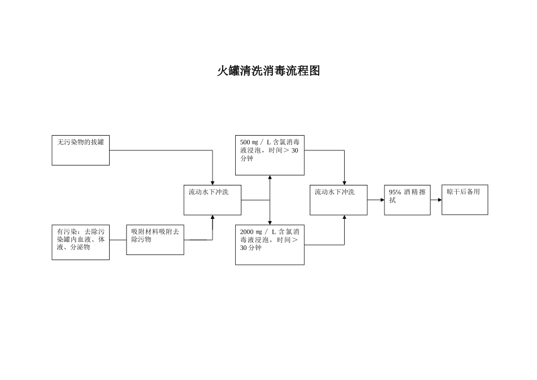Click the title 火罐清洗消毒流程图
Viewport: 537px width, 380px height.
coord(268,71)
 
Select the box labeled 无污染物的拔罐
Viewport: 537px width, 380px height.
coord(80,150)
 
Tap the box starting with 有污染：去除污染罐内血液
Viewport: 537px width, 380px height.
coord(80,242)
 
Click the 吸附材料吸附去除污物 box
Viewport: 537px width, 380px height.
coord(155,240)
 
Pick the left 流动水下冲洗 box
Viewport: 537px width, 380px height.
coord(212,200)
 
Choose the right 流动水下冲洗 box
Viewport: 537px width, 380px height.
coord(338,200)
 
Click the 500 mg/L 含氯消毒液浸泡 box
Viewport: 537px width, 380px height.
coord(270,156)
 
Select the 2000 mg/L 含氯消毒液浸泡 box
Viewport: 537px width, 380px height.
coord(270,245)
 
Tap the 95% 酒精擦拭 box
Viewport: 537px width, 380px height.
coord(407,200)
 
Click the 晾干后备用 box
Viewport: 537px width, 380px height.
coord(465,200)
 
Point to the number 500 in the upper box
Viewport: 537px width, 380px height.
coord(245,142)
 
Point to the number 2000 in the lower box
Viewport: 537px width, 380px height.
coord(246,232)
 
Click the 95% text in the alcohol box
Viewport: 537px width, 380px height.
coord(395,192)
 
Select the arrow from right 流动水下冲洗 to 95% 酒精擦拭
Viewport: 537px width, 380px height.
coord(376,200)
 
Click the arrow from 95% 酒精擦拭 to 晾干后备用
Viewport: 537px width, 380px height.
coord(436,200)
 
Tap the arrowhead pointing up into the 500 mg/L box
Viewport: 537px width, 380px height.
coord(270,178)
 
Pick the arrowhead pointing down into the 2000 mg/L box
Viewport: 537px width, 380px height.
coord(270,222)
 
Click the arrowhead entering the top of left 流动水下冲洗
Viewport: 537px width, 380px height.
coord(213,183)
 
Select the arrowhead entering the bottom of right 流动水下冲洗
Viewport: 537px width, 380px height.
coord(344,218)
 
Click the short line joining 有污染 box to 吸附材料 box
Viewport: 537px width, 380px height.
coord(118,240)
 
